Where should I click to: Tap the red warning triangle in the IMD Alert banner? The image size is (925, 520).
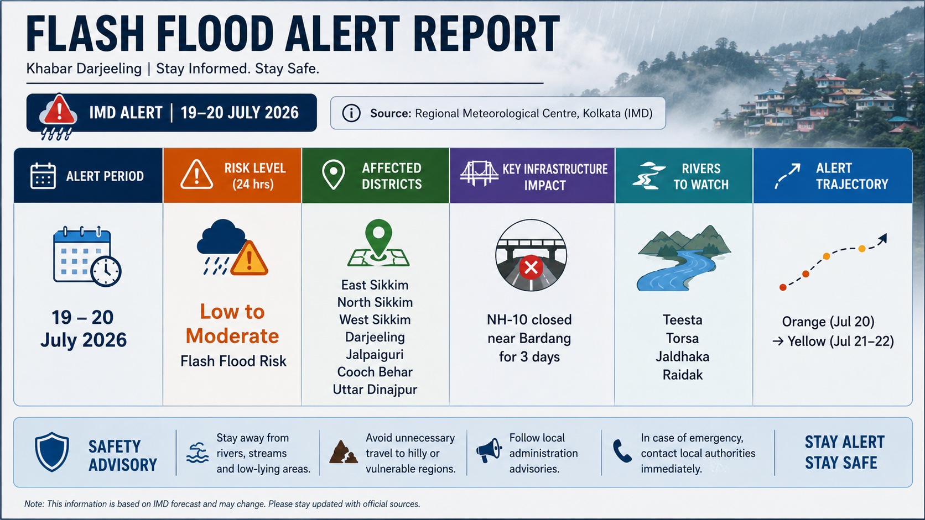click(x=59, y=109)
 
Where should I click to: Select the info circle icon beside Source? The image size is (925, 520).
click(x=351, y=113)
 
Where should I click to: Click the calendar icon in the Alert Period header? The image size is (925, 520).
click(x=43, y=176)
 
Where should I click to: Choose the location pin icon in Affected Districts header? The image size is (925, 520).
click(x=333, y=175)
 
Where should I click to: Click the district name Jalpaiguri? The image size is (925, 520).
click(x=375, y=355)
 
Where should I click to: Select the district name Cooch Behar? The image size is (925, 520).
click(x=375, y=372)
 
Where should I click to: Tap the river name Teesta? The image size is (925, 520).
click(x=682, y=320)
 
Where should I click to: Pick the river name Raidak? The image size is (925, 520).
click(x=683, y=375)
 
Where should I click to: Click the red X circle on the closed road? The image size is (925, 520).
click(x=531, y=267)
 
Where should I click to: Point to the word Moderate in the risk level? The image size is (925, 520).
click(x=232, y=335)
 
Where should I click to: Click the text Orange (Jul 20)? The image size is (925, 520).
click(x=828, y=322)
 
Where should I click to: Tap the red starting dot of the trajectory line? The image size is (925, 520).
click(x=782, y=287)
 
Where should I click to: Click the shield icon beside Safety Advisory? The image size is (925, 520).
click(x=51, y=451)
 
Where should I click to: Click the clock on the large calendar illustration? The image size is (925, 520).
click(x=106, y=271)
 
